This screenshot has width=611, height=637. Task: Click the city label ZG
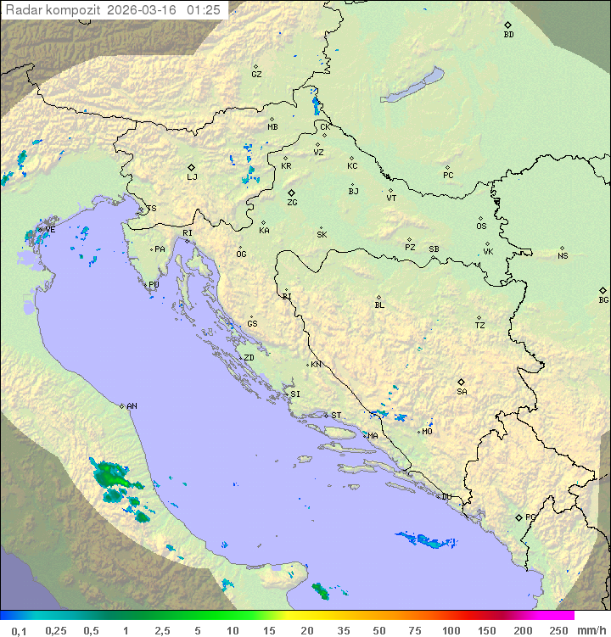[292, 203]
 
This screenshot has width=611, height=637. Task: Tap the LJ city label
[192, 176]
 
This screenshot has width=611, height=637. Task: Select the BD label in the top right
[508, 35]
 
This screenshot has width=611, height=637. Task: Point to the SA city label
[462, 391]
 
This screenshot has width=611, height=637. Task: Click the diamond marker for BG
[603, 290]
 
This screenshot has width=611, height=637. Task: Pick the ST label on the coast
[336, 416]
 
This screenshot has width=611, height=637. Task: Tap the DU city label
[446, 497]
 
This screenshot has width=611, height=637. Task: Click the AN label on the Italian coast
[132, 406]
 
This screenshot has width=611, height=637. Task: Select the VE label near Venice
[50, 230]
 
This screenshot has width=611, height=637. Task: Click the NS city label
[563, 256]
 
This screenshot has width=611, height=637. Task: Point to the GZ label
[256, 75]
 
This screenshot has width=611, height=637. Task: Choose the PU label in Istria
[154, 285]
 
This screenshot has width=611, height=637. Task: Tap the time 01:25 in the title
[204, 10]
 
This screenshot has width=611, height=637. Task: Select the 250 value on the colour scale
[558, 630]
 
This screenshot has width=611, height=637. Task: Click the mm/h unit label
[591, 630]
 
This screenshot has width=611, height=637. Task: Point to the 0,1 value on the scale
[19, 630]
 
